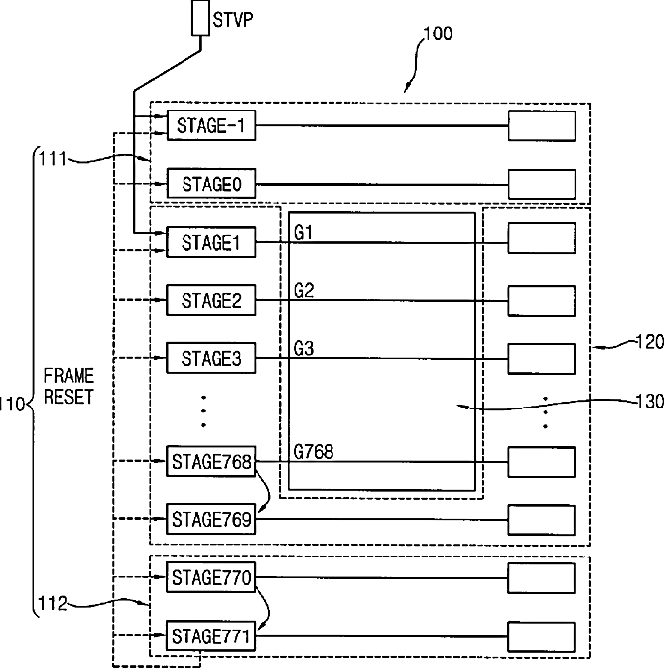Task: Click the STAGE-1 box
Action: [x=211, y=125]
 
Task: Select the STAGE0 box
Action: [x=211, y=184]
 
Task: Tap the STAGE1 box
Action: [x=211, y=242]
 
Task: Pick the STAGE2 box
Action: [x=211, y=300]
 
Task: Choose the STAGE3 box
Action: [x=211, y=358]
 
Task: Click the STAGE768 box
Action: [x=211, y=461]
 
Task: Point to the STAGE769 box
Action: [x=211, y=519]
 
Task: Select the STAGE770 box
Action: [x=211, y=577]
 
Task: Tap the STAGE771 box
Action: [x=211, y=636]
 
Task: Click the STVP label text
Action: [x=233, y=20]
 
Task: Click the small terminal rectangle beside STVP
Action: [x=200, y=18]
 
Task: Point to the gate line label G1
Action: [x=303, y=233]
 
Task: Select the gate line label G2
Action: [x=304, y=290]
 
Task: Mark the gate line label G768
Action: [x=314, y=452]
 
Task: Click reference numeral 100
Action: [x=438, y=34]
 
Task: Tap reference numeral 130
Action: [x=649, y=402]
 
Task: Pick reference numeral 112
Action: [x=53, y=603]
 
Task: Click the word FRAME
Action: [x=69, y=376]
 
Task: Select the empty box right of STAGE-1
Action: [x=543, y=125]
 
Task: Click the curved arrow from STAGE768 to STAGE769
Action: [x=267, y=490]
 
